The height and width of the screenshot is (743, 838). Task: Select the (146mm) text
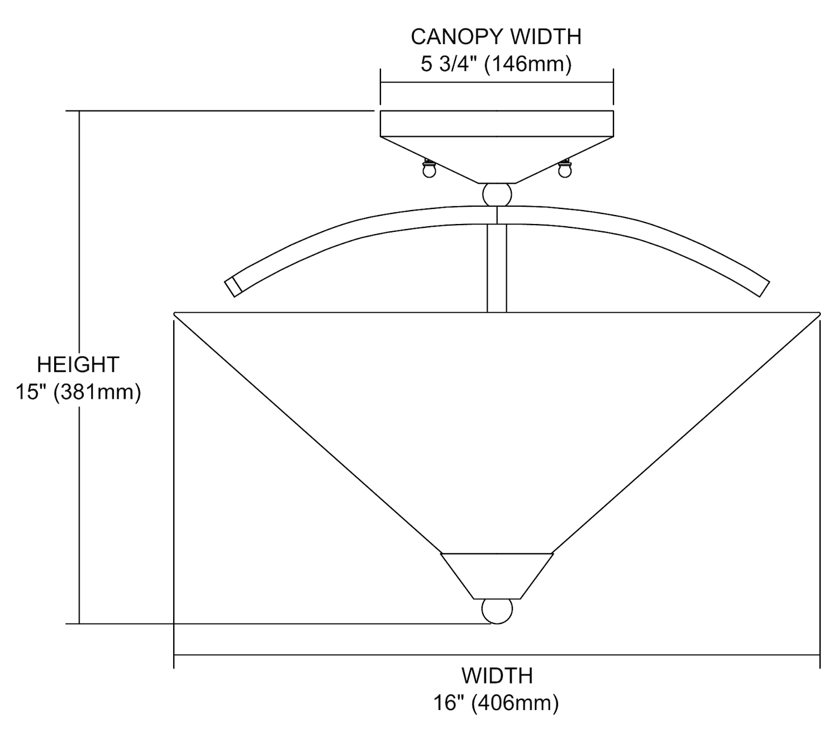(x=528, y=64)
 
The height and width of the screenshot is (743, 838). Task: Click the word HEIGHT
(x=78, y=365)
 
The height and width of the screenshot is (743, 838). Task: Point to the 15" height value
(x=31, y=392)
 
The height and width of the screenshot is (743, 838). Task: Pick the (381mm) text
(x=97, y=392)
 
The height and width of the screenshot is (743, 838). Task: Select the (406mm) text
(x=515, y=703)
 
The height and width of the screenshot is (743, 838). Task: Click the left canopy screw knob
(x=428, y=169)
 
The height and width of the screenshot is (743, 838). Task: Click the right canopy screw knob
(x=565, y=169)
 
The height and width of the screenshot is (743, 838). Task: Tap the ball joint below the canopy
(x=497, y=194)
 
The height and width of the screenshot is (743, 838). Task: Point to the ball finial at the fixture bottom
(x=497, y=611)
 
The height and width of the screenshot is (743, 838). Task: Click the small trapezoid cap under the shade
(x=497, y=575)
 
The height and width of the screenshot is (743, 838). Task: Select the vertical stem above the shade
(x=497, y=268)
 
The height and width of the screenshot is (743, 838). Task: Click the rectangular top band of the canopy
(x=497, y=123)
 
